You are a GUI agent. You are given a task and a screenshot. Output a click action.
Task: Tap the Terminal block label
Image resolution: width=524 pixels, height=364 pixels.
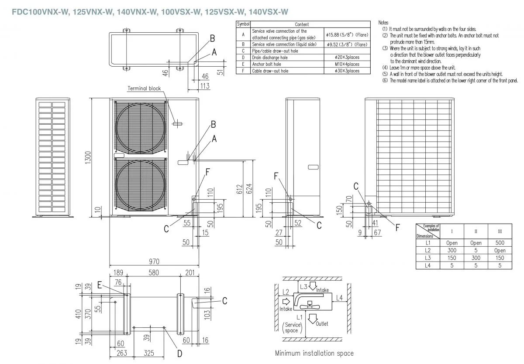click(144, 88)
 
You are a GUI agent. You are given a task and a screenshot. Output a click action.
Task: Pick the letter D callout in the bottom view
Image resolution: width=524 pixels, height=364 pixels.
click(179, 354)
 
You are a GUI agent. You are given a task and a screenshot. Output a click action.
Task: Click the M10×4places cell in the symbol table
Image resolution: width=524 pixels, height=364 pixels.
click(348, 64)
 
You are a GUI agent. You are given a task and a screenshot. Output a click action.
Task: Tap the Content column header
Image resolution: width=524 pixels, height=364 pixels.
click(302, 25)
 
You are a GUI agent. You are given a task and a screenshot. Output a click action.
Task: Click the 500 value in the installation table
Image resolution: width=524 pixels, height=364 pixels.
click(500, 243)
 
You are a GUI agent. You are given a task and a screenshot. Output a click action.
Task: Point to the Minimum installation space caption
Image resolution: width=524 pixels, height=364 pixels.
click(314, 353)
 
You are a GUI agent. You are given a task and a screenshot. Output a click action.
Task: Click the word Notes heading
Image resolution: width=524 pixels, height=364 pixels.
click(383, 22)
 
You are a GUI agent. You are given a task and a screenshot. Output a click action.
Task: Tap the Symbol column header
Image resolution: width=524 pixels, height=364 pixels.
click(243, 25)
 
